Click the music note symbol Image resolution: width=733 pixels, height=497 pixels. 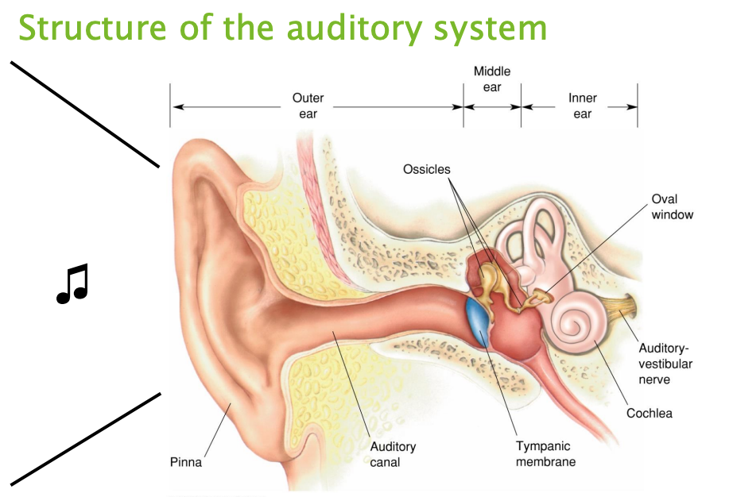[x=72, y=284]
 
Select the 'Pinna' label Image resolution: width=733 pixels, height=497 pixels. [x=186, y=462]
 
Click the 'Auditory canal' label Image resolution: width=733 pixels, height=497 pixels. [x=393, y=454]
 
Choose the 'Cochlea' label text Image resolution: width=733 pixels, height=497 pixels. [x=649, y=413]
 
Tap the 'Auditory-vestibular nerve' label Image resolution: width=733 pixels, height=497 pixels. [x=665, y=364]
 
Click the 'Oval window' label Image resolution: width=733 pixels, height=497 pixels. [x=673, y=206]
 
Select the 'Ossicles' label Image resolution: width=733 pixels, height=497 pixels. [x=426, y=169]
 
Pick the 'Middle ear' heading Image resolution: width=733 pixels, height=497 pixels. [x=492, y=79]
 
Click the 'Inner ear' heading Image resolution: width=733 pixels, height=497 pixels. [x=582, y=106]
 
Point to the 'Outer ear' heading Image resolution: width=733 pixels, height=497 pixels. [x=308, y=106]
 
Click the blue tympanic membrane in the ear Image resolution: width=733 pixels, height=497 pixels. [x=479, y=322]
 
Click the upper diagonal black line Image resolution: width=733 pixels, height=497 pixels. [x=84, y=114]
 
